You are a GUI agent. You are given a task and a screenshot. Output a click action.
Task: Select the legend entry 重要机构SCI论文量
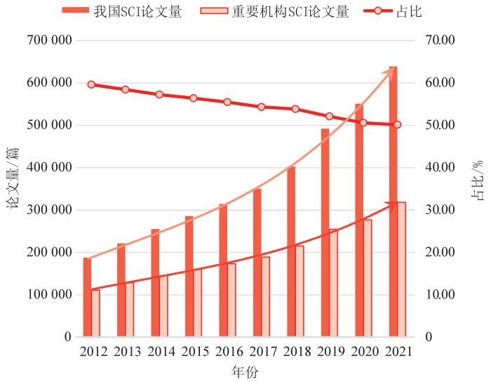tap(274, 11)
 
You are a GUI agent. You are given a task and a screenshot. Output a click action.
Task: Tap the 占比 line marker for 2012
tap(91, 84)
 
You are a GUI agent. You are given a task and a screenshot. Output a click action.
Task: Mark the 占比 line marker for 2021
tap(397, 124)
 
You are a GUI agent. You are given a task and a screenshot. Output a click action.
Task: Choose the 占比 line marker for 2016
tap(227, 102)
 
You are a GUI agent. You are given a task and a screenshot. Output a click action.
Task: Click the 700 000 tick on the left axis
tap(48, 41)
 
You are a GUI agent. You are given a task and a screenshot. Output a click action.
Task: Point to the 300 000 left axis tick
tap(48, 210)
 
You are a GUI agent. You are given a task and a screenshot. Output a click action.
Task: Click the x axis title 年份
tap(245, 371)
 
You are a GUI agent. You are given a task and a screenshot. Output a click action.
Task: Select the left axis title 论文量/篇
tap(13, 179)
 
